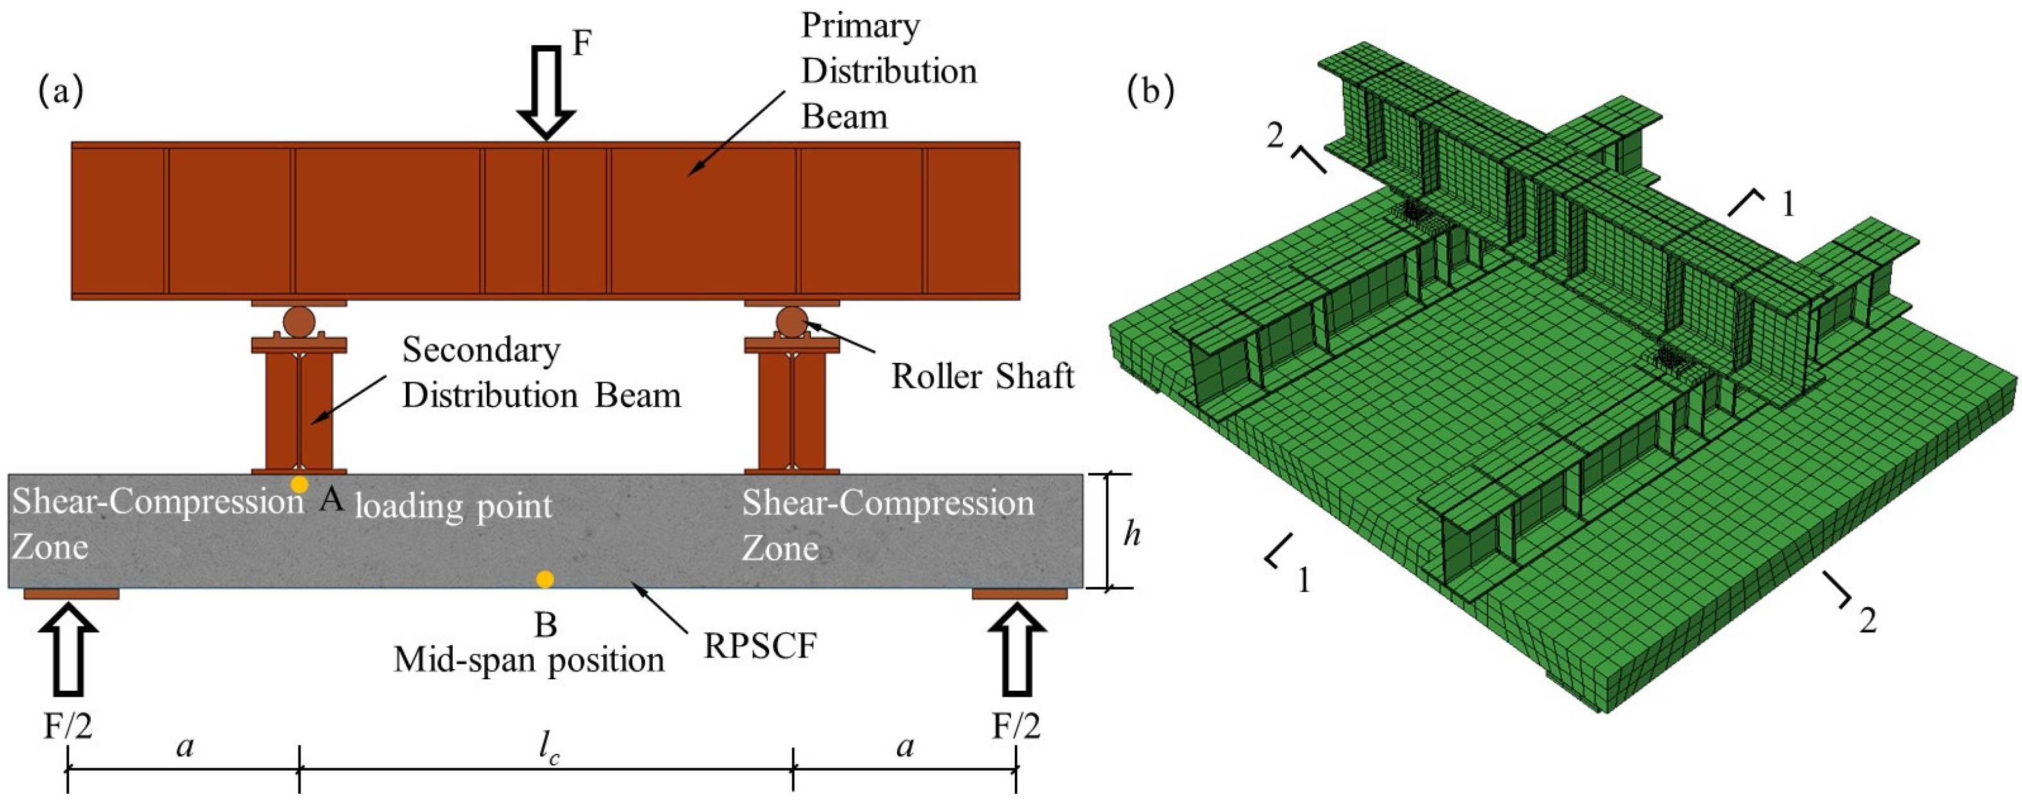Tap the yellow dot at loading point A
(299, 484)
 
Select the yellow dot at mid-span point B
(545, 579)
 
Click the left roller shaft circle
(299, 322)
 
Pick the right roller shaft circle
(791, 321)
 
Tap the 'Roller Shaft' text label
(982, 377)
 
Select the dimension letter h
(1131, 535)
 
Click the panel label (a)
(60, 92)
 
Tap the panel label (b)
(1150, 92)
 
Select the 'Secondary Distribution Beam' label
(541, 373)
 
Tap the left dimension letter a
(185, 746)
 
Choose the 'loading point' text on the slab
(453, 506)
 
